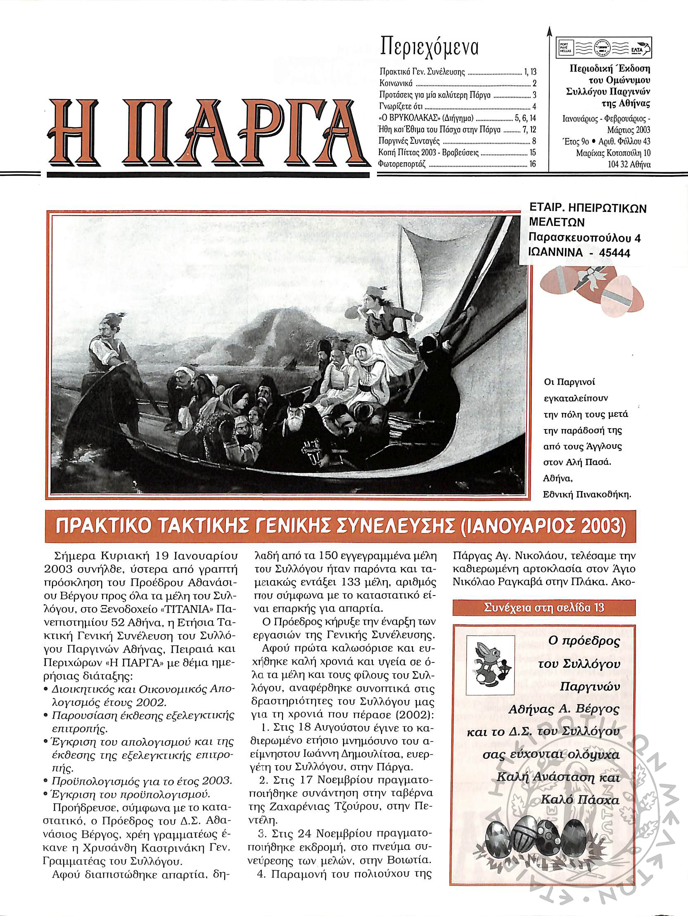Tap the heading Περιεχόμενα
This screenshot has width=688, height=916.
coord(429,46)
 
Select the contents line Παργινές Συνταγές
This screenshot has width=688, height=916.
coord(403,141)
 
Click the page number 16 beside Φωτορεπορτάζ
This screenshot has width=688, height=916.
coord(532,164)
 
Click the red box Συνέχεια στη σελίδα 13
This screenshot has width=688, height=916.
coord(544,607)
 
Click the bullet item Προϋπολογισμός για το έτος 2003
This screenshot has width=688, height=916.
coord(141,781)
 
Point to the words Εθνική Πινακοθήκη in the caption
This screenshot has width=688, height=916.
coord(587,494)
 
